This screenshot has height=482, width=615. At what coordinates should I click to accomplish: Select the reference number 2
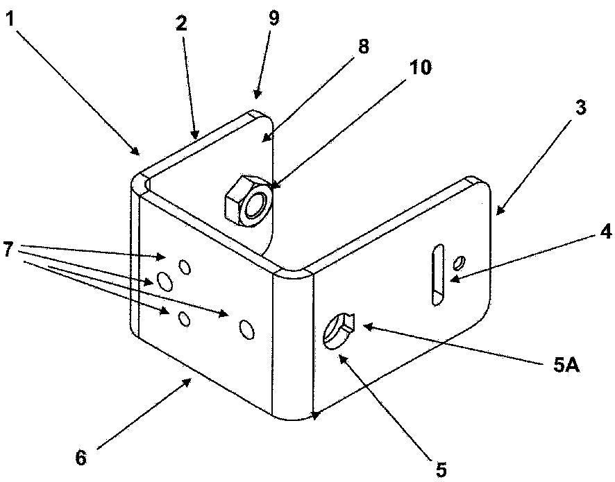click(x=181, y=24)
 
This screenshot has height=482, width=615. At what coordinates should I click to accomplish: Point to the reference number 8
click(x=363, y=46)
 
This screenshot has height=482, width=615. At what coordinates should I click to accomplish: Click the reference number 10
click(x=420, y=67)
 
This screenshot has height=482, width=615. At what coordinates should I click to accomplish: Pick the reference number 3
click(x=581, y=107)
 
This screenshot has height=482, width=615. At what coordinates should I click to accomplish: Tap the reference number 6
click(x=81, y=457)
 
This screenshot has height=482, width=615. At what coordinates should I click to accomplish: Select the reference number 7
click(x=9, y=250)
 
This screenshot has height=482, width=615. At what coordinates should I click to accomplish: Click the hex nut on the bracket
click(x=248, y=200)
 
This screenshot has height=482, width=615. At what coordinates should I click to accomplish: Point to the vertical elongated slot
click(x=438, y=275)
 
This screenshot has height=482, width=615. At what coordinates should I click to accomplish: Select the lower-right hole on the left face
click(x=247, y=329)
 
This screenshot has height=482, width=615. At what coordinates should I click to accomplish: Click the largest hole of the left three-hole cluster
click(x=165, y=282)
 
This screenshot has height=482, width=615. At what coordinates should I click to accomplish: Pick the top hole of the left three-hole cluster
click(x=185, y=267)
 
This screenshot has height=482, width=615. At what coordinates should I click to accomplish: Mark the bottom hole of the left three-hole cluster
click(x=184, y=318)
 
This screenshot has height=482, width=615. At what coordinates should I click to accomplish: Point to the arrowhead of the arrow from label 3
click(x=498, y=210)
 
